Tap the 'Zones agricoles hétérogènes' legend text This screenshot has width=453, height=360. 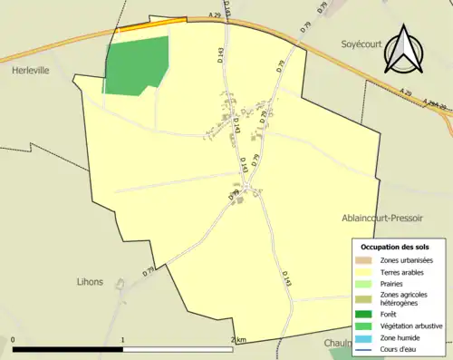pyautogui.click(x=404, y=298)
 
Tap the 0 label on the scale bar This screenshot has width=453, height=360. pyautogui.click(x=13, y=340)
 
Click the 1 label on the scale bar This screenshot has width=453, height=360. pyautogui.click(x=122, y=340)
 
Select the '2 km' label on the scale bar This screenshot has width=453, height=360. pyautogui.click(x=237, y=340)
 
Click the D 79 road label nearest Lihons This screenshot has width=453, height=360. pyautogui.click(x=149, y=270)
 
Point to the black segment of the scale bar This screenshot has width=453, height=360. pyautogui.click(x=68, y=349)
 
